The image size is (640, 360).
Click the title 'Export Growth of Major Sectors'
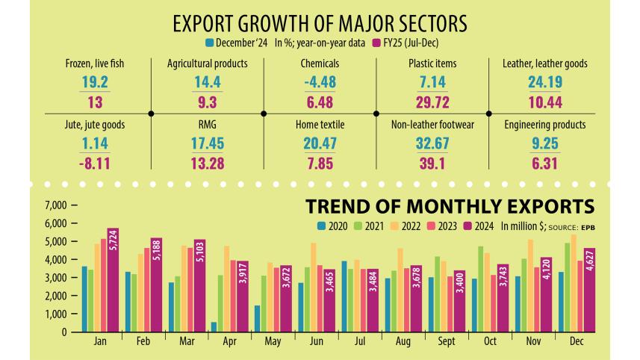pyautogui.click(x=320, y=23)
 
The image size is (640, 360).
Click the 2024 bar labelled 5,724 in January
pyautogui.click(x=113, y=280)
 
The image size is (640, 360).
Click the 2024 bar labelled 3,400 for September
pyautogui.click(x=459, y=301)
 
